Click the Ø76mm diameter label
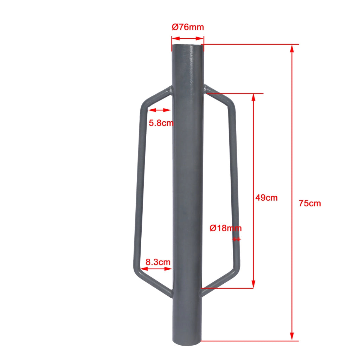coord(188,27)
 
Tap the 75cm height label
coord(310,203)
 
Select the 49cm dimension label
coord(266,198)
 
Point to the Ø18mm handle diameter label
coord(225,228)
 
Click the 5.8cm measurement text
coord(161,123)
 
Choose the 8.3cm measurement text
coord(158,262)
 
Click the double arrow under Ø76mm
coord(188,39)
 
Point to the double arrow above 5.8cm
coord(159,110)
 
